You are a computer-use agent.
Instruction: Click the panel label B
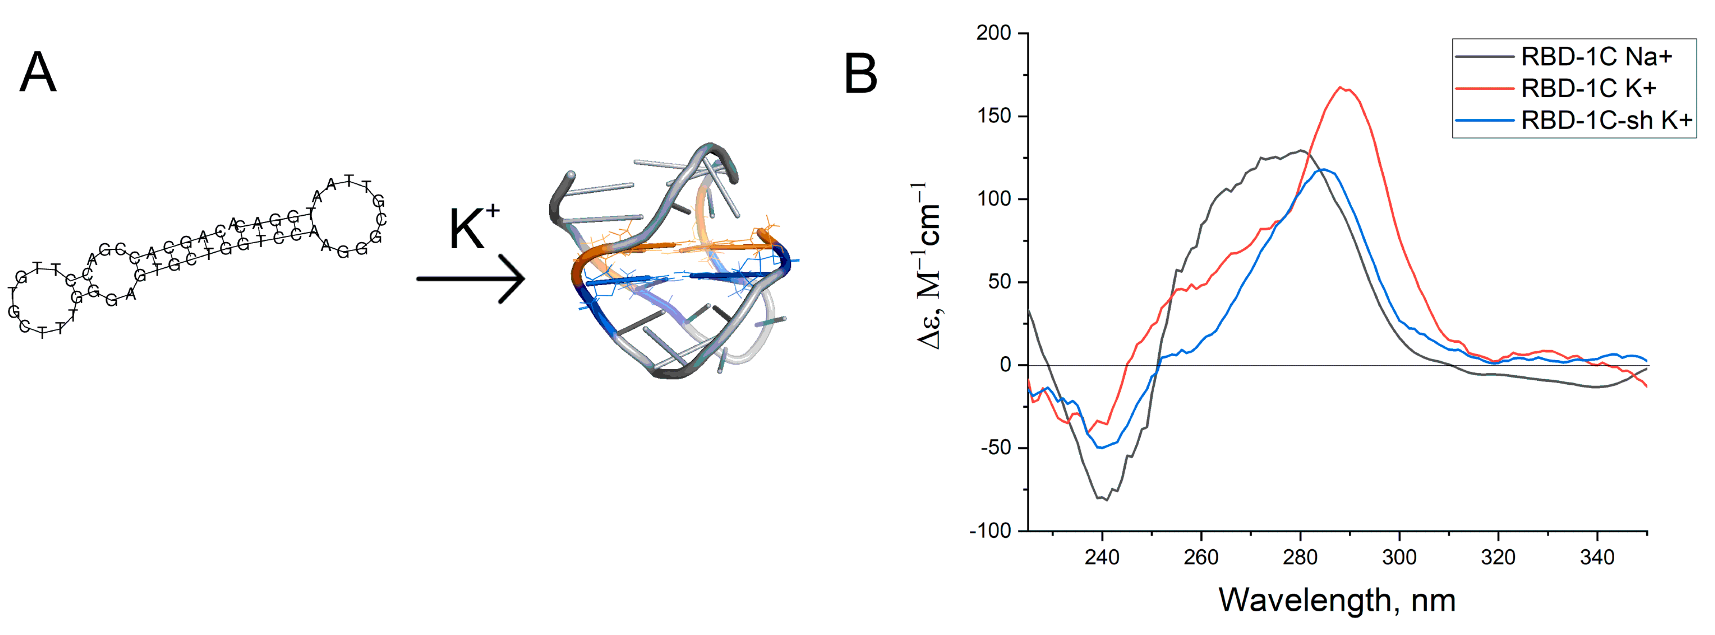[860, 75]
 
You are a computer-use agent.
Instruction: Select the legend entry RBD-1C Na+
[1596, 57]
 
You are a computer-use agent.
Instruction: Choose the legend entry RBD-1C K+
[1588, 88]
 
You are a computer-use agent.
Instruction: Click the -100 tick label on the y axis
[990, 531]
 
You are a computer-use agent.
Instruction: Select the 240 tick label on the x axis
[1102, 557]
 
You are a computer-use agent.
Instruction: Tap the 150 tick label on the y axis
[993, 116]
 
